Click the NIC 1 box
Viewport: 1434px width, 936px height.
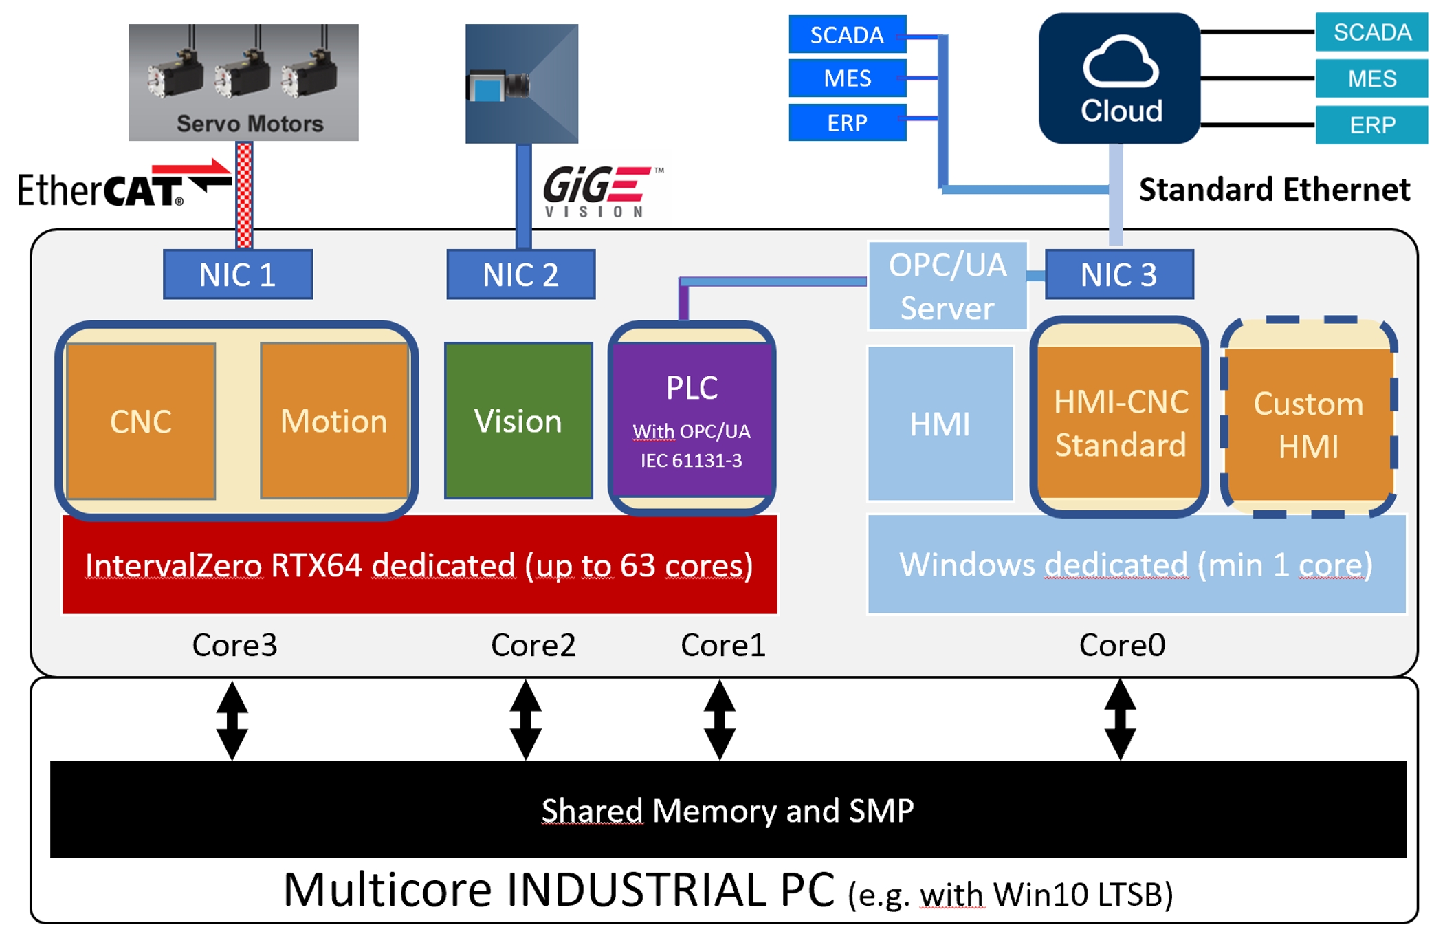[237, 274]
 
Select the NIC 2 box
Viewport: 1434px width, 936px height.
[520, 274]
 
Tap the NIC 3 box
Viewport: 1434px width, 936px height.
[1118, 274]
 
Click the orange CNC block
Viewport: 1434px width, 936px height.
[141, 421]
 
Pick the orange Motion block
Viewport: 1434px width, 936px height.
[334, 421]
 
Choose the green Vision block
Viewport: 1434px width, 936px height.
[518, 421]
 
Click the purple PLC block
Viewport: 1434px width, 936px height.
[692, 420]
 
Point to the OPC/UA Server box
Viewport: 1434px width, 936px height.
[947, 286]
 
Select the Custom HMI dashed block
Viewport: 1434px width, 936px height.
[1309, 424]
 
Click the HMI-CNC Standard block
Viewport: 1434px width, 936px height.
[1121, 422]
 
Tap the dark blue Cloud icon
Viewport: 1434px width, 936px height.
[1120, 78]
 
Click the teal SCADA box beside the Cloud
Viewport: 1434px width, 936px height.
[1371, 32]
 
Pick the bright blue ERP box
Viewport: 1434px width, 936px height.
[847, 122]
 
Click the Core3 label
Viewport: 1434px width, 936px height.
[234, 644]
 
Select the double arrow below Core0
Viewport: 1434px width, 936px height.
[1120, 719]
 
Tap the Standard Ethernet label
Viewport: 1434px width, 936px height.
[1274, 189]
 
